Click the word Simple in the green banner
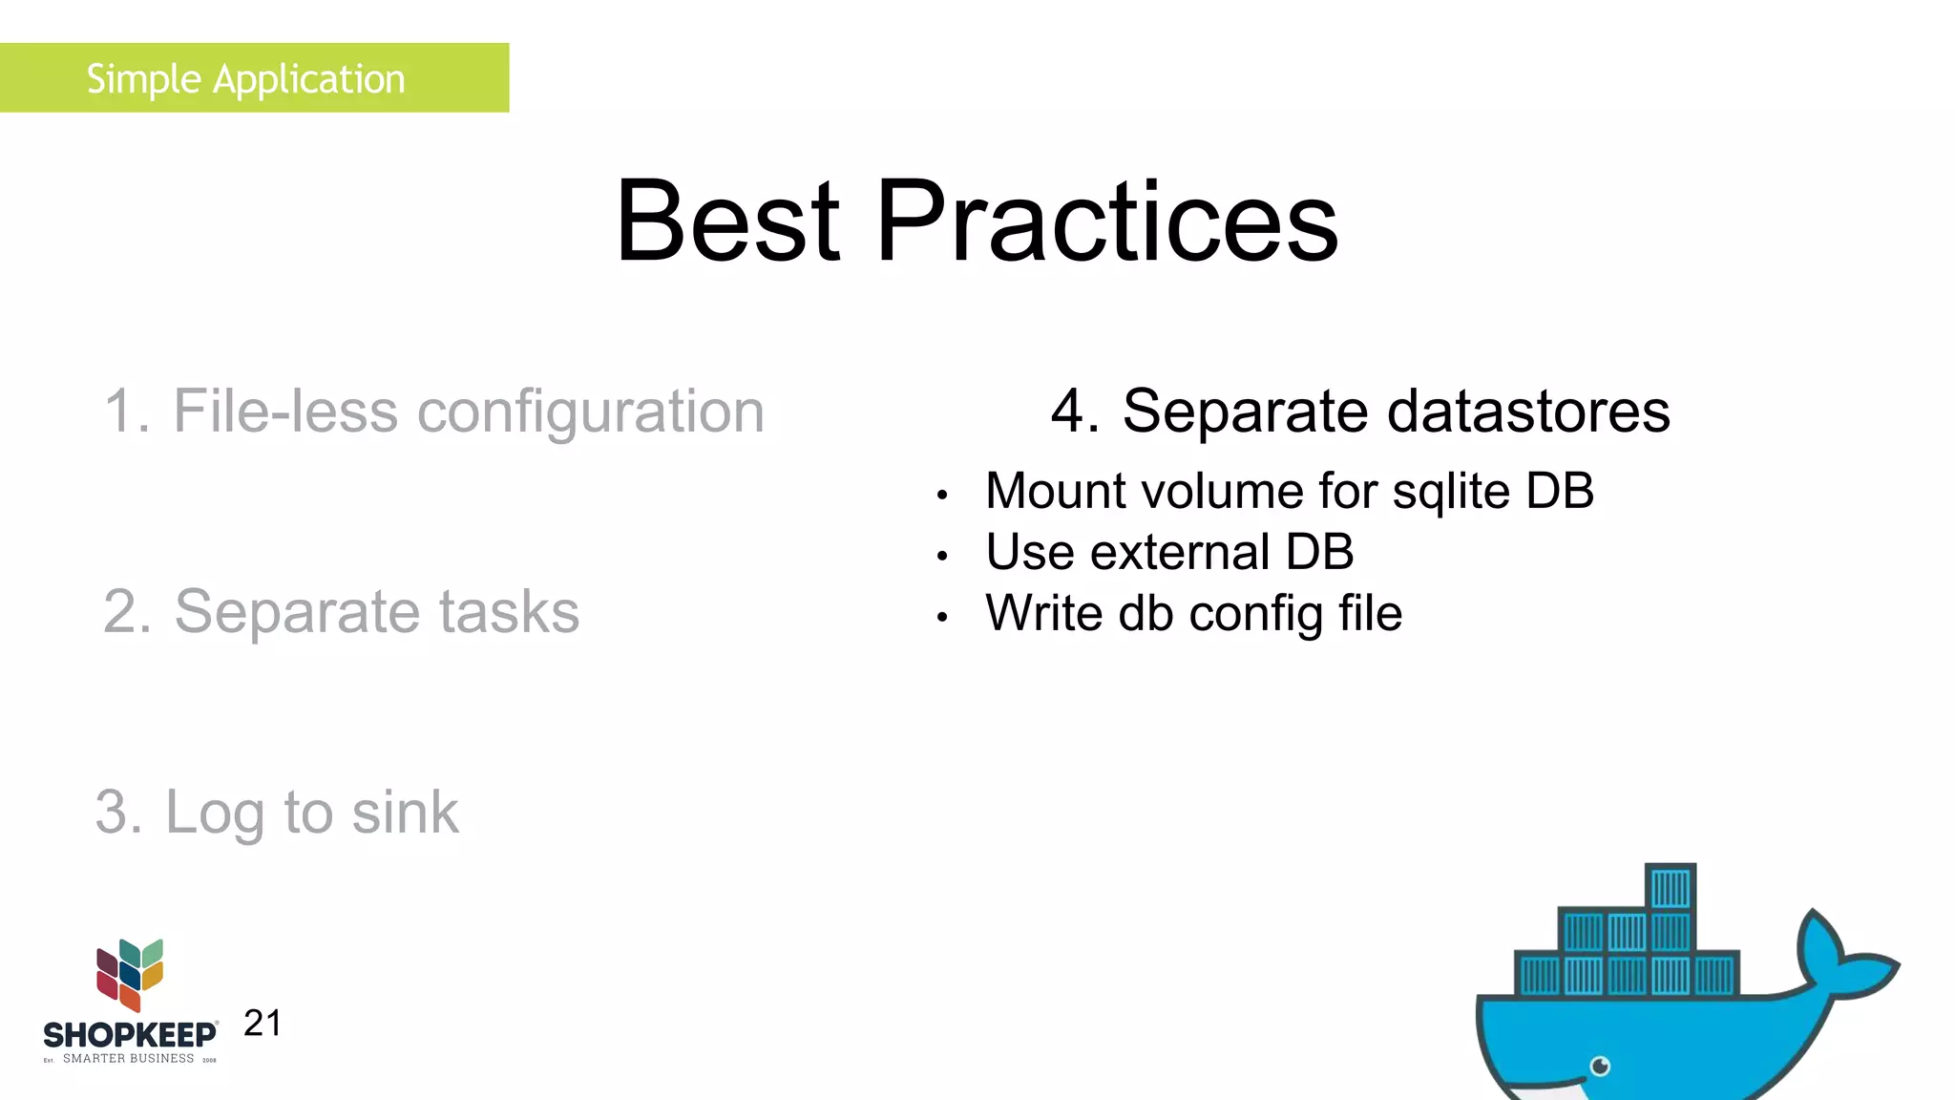(x=143, y=79)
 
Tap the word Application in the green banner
(x=309, y=80)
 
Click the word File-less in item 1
(x=284, y=412)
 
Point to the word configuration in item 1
(x=591, y=413)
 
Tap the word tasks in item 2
(x=509, y=612)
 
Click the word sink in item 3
(x=405, y=813)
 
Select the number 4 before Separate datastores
(x=1067, y=412)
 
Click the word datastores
(x=1527, y=412)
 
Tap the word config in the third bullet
(x=1255, y=614)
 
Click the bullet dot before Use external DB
(x=942, y=556)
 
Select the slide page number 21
(x=263, y=1023)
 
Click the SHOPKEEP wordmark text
(x=130, y=1035)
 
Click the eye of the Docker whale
(x=1601, y=1066)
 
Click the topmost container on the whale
(x=1671, y=888)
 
